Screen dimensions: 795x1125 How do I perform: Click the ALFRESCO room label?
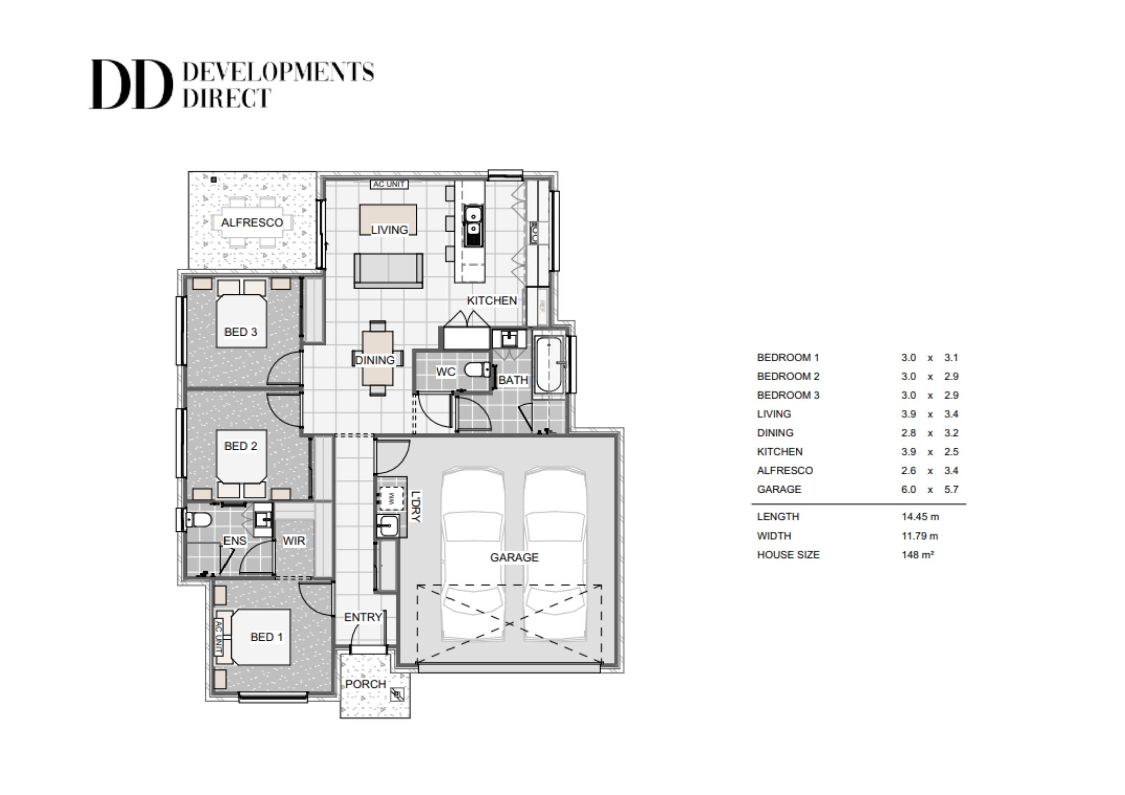tap(252, 223)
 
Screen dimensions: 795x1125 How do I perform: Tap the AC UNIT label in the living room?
tap(389, 184)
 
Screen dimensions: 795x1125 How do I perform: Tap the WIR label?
tap(294, 541)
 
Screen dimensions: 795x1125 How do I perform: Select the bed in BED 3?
tap(241, 321)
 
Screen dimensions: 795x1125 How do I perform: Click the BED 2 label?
tap(241, 446)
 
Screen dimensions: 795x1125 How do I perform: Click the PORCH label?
tap(366, 684)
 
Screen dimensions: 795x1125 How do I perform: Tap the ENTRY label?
tap(363, 617)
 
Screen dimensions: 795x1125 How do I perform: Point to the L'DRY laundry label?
tap(415, 506)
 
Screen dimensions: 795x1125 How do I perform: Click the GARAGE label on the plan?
tap(514, 557)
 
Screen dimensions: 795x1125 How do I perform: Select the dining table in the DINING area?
tap(378, 358)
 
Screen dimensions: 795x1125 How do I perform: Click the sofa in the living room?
tap(388, 270)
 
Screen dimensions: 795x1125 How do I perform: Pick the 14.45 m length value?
tap(920, 516)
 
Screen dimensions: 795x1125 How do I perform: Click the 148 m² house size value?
tap(917, 555)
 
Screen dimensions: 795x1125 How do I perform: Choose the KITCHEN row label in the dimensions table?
tap(780, 452)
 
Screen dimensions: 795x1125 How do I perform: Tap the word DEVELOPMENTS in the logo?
tap(279, 73)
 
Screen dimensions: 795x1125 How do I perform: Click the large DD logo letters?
tap(128, 85)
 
